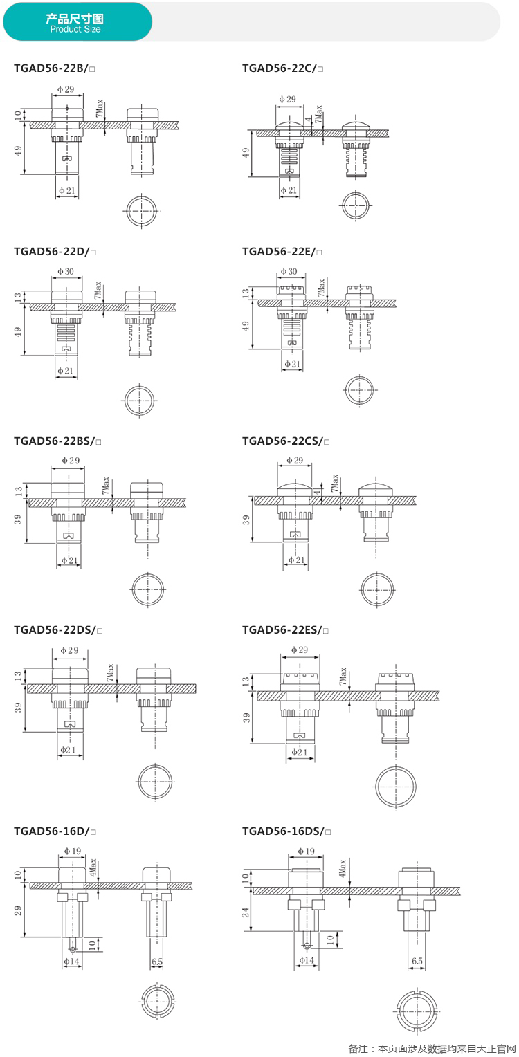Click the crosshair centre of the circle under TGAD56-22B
pyautogui.click(x=141, y=210)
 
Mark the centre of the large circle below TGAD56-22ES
pyautogui.click(x=396, y=787)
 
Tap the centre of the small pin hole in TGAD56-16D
pyautogui.click(x=72, y=949)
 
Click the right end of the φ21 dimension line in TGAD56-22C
pyautogui.click(x=300, y=196)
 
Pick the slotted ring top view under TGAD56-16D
pyautogui.click(x=158, y=1001)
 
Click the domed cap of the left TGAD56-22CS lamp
pyautogui.click(x=295, y=489)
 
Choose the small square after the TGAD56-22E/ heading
pyautogui.click(x=319, y=252)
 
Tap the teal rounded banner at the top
pyautogui.click(x=78, y=21)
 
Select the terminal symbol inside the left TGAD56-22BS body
pyautogui.click(x=69, y=535)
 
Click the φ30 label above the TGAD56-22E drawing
pyautogui.click(x=289, y=271)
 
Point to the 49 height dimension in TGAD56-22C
pyautogui.click(x=246, y=153)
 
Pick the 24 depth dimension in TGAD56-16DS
pyautogui.click(x=246, y=912)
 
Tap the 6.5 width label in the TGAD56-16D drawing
pyautogui.click(x=157, y=962)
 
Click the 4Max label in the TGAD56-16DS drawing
pyautogui.click(x=343, y=867)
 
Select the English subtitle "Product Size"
pyautogui.click(x=75, y=29)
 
